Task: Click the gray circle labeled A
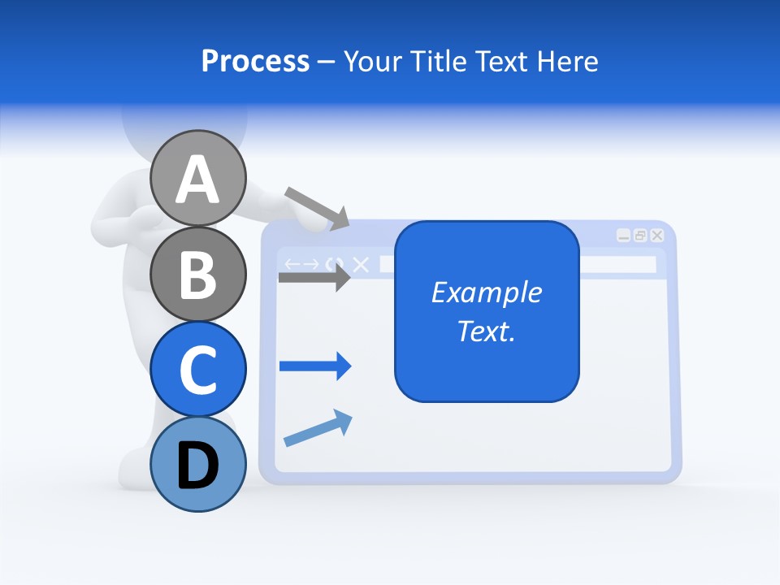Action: point(197,179)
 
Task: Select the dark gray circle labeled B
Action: point(197,274)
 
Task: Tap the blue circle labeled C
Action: point(197,369)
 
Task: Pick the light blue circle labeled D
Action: point(197,464)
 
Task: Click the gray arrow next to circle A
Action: point(317,208)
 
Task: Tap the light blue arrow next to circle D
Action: point(318,428)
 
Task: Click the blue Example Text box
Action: point(487,311)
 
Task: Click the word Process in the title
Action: point(255,61)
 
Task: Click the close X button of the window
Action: point(656,236)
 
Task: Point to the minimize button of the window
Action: point(623,236)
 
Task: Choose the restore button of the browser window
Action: point(640,236)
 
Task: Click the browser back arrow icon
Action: point(292,264)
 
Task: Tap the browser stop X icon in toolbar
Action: point(361,264)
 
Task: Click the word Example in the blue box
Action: point(487,292)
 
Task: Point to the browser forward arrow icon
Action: point(310,264)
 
